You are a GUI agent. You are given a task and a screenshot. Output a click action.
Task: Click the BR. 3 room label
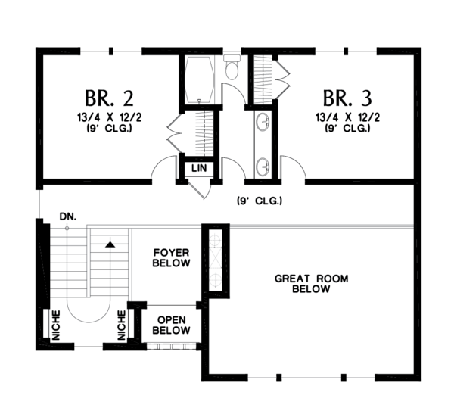coord(346,98)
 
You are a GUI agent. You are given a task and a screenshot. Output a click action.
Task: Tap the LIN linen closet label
coord(200,168)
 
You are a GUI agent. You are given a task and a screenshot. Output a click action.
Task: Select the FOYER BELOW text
coord(171,257)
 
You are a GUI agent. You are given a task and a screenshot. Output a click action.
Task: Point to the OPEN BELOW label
coord(171,325)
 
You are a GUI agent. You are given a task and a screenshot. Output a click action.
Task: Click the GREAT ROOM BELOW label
coord(311,284)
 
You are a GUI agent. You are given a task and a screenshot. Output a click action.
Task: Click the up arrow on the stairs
coord(110,244)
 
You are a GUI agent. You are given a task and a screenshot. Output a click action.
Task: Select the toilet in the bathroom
coord(232,69)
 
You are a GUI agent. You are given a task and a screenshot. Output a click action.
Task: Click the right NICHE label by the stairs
coord(122,325)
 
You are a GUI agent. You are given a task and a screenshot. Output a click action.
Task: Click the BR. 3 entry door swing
coord(292,169)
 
